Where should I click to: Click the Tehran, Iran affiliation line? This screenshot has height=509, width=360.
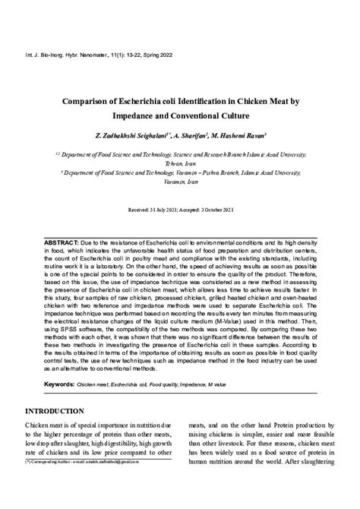point(180,163)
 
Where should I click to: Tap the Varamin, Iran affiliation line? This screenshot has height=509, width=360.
point(180,182)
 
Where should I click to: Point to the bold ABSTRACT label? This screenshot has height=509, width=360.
point(62,241)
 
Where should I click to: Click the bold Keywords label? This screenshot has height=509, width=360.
point(58,384)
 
